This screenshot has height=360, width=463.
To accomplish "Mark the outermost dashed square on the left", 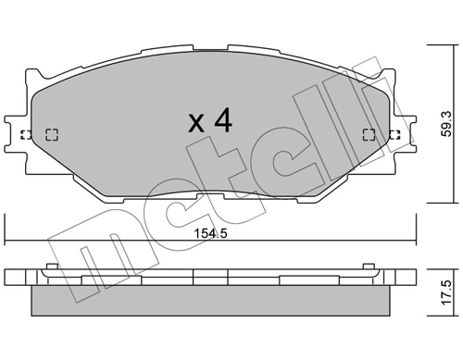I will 26,134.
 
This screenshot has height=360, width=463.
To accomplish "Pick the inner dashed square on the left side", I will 51,134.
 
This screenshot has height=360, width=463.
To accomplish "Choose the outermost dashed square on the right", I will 396,134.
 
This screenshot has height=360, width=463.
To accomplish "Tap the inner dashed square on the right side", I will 371,134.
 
